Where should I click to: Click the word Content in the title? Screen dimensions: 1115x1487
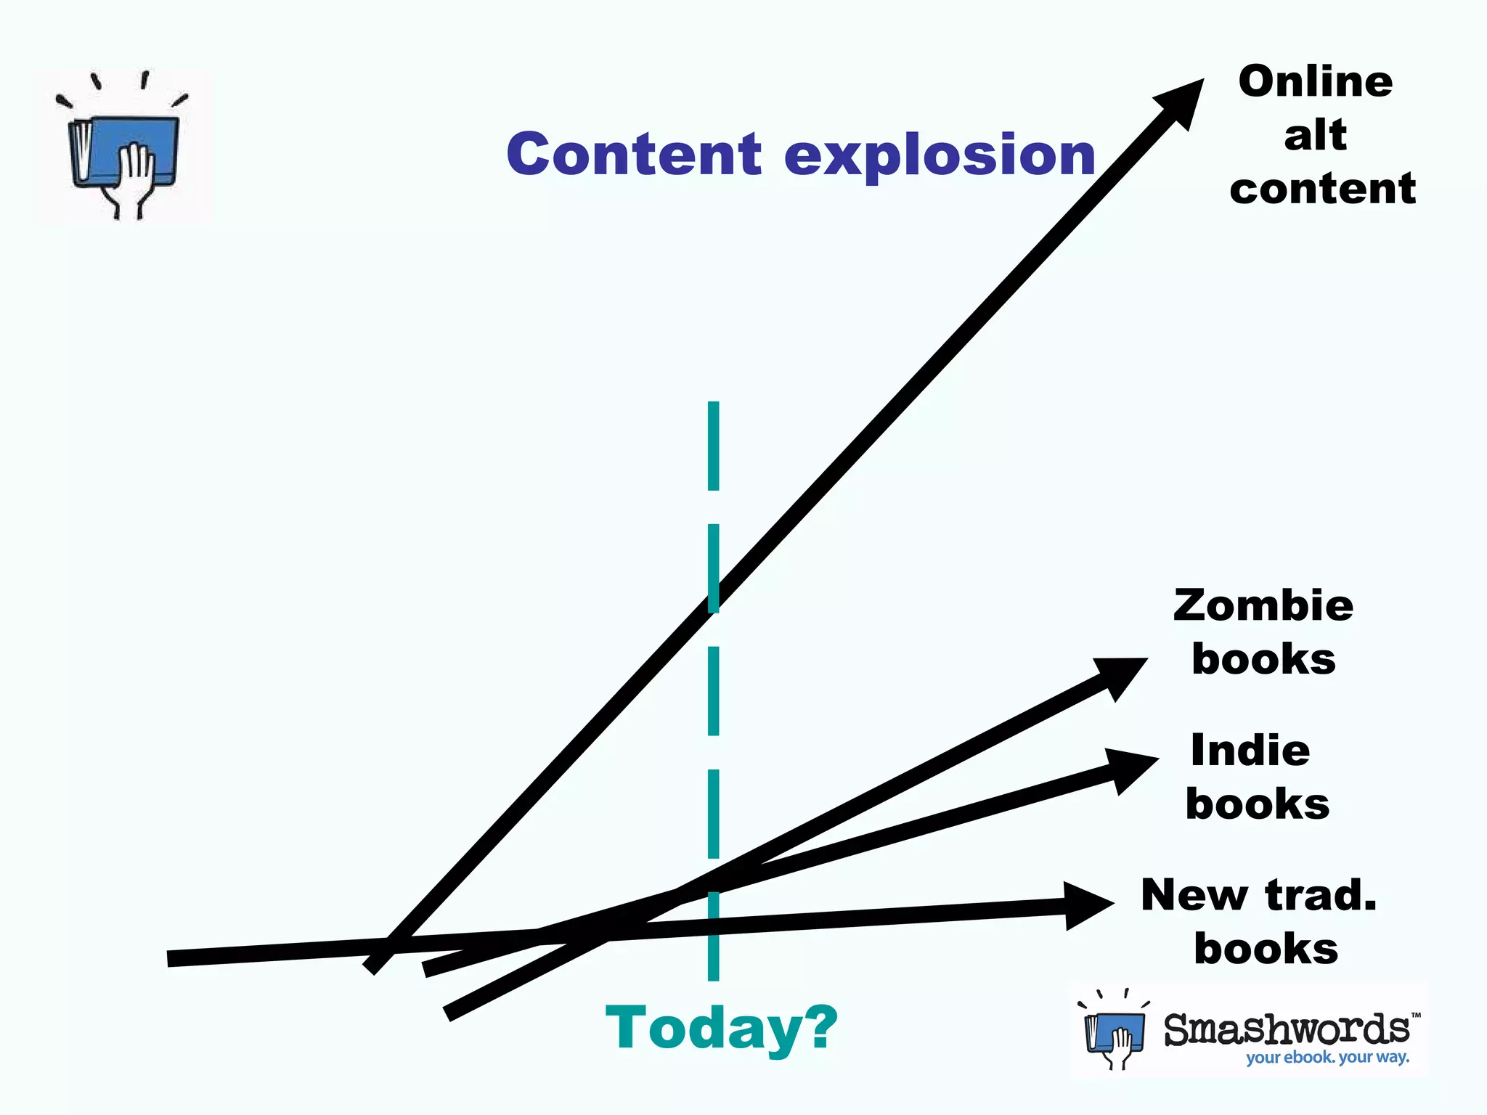tap(634, 155)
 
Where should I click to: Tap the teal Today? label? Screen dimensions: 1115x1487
tap(721, 1028)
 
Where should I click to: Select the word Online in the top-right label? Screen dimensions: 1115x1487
tap(1315, 81)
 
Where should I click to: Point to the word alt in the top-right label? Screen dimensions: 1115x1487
tap(1315, 135)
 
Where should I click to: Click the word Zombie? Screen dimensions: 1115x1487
tap(1263, 605)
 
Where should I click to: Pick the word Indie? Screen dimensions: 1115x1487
tap(1250, 750)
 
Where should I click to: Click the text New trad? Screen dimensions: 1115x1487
tap(1258, 894)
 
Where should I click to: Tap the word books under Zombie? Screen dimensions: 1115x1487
tap(1263, 659)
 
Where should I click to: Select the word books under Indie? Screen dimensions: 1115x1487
tap(1258, 804)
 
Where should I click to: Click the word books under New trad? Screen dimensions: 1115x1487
tap(1266, 948)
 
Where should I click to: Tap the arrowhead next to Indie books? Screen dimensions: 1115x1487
tap(1130, 769)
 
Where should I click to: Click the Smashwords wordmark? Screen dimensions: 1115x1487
tap(1287, 1029)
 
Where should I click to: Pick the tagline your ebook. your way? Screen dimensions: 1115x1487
tap(1327, 1057)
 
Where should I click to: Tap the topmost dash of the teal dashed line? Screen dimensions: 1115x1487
tap(713, 446)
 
